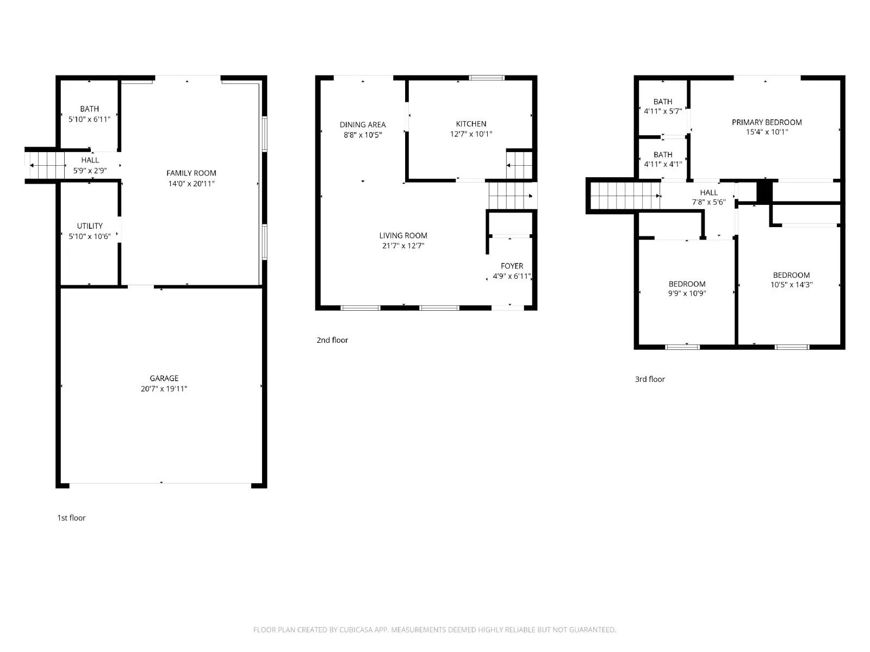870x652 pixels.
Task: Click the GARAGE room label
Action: [x=164, y=378]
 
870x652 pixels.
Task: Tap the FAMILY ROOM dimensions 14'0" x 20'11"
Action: [x=191, y=184]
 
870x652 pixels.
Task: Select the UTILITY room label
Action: [x=90, y=225]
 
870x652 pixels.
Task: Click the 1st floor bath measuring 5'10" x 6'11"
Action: [x=89, y=114]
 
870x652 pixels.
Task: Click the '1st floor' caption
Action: [x=71, y=518]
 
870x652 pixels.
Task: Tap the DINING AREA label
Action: [x=363, y=124]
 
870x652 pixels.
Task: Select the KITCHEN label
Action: [x=471, y=124]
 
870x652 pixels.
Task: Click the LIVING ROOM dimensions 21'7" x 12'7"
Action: [x=403, y=246]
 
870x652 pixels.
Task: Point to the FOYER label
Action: [x=512, y=266]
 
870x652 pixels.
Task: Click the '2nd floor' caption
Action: [x=332, y=340]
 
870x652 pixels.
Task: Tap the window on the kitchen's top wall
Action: [x=487, y=78]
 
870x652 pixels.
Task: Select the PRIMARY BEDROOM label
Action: [x=767, y=122]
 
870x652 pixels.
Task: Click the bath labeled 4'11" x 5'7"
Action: [x=662, y=106]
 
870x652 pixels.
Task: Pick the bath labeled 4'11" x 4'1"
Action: [x=662, y=159]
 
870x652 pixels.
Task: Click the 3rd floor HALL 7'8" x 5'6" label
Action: [x=709, y=197]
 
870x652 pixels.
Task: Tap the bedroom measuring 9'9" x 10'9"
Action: [x=687, y=289]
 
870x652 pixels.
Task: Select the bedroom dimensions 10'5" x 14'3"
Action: [x=791, y=285]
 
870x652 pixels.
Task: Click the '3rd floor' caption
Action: [x=650, y=379]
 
